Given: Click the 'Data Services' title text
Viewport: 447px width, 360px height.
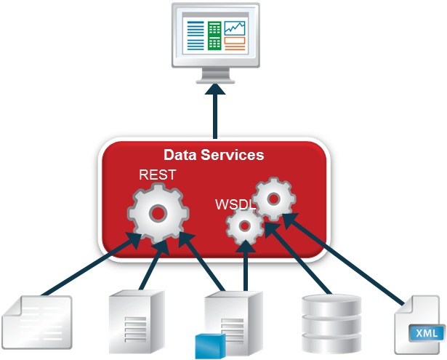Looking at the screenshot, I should pyautogui.click(x=213, y=155).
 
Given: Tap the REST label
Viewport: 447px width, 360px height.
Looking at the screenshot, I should pyautogui.click(x=156, y=175).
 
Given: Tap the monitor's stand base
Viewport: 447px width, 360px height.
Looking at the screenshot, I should pyautogui.click(x=214, y=76).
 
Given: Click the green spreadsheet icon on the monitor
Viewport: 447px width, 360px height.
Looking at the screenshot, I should pyautogui.click(x=214, y=35).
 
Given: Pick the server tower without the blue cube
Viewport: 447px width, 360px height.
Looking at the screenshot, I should pyautogui.click(x=132, y=320).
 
